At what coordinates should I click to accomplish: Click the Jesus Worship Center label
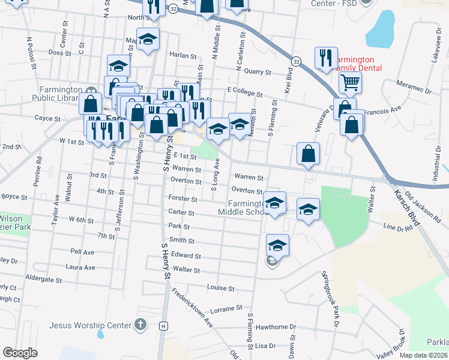click(x=90, y=326)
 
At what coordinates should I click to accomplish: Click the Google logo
click(x=20, y=353)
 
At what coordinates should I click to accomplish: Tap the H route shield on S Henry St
click(x=163, y=326)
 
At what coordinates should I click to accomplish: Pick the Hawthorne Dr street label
click(x=273, y=327)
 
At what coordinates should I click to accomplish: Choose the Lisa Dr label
click(x=265, y=346)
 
